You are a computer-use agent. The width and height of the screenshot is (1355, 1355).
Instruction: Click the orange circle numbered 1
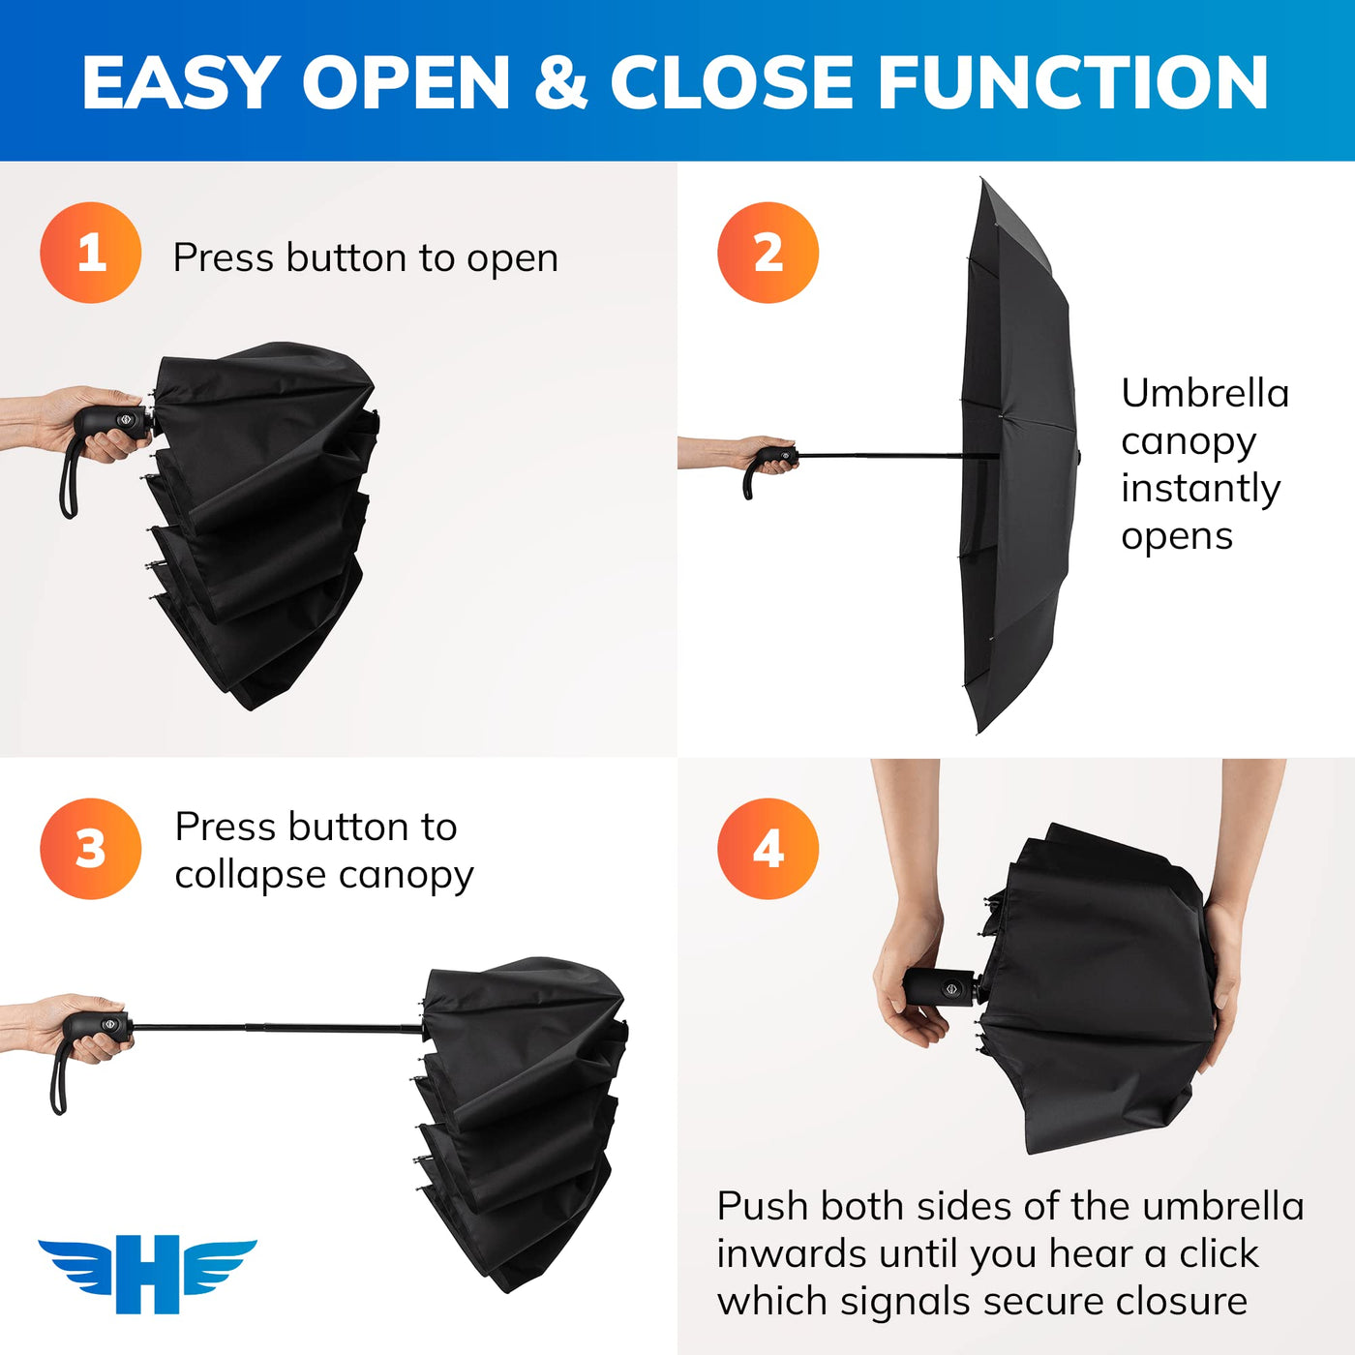pyautogui.click(x=91, y=253)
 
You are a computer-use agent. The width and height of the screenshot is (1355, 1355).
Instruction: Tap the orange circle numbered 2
pyautogui.click(x=768, y=253)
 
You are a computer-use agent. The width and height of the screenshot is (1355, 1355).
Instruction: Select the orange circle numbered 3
pyautogui.click(x=91, y=849)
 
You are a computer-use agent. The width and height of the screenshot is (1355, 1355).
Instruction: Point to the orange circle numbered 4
pyautogui.click(x=768, y=849)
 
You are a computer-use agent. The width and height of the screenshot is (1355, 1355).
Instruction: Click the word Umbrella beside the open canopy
pyautogui.click(x=1205, y=393)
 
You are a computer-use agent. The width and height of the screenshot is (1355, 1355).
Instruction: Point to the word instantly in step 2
pyautogui.click(x=1200, y=489)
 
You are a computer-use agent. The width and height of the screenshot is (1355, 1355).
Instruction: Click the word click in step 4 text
pyautogui.click(x=1219, y=1253)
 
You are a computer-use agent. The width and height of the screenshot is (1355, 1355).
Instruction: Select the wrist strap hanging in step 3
pyautogui.click(x=59, y=1076)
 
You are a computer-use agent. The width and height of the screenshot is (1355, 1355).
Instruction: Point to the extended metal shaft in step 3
pyautogui.click(x=278, y=1027)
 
